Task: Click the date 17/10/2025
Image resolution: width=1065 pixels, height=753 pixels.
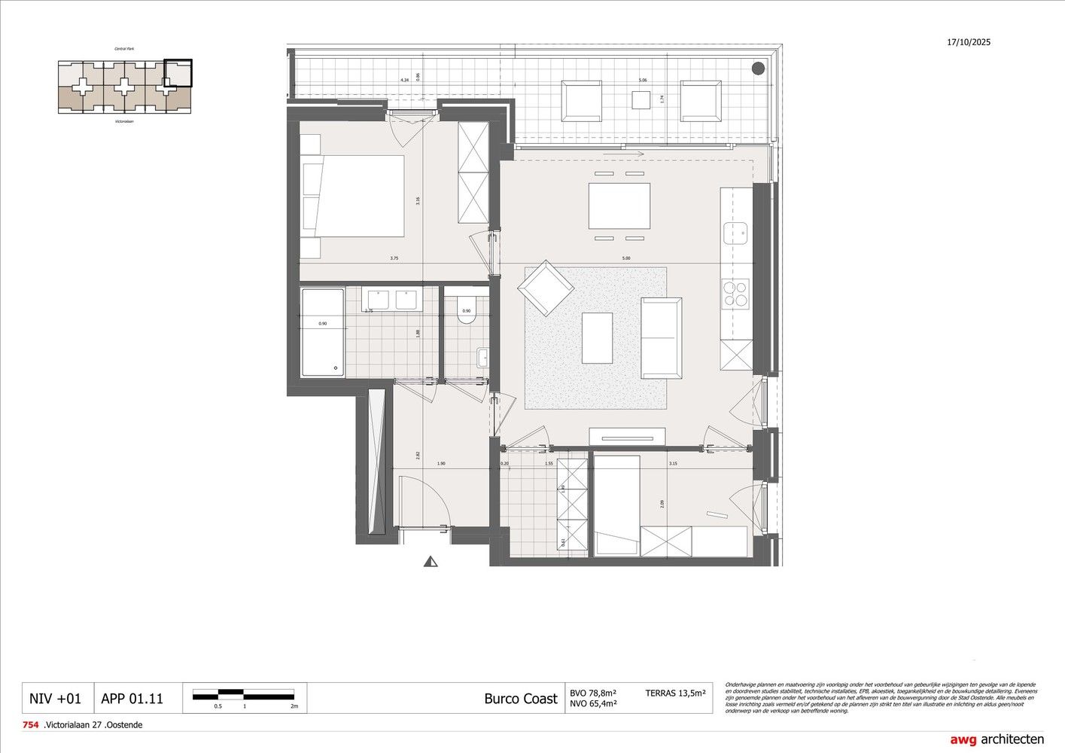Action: point(969,42)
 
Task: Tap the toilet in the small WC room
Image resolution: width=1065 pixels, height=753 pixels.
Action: point(466,310)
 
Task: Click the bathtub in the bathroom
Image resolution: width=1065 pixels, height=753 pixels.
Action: point(323,333)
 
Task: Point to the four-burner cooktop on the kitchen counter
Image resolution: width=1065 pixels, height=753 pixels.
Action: point(735,294)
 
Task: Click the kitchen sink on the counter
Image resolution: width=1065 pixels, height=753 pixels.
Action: point(735,232)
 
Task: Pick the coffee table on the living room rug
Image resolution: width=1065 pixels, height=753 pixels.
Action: point(597,337)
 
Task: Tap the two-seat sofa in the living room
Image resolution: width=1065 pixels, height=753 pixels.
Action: point(661,337)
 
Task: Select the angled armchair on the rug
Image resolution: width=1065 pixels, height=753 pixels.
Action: point(545,288)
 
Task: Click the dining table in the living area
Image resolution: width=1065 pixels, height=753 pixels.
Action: point(619,206)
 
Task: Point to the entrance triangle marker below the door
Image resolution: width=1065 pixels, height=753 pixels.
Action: point(431,561)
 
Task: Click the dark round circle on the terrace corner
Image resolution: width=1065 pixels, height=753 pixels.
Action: point(758,69)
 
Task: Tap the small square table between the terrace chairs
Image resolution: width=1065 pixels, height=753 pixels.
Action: point(641,100)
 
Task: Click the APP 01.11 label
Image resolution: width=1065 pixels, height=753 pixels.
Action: point(132,698)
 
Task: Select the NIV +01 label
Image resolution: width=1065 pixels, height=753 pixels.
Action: point(55,698)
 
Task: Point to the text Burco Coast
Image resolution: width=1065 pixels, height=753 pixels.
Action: point(521,699)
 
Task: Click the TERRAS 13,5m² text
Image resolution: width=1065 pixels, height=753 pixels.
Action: point(675,693)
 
